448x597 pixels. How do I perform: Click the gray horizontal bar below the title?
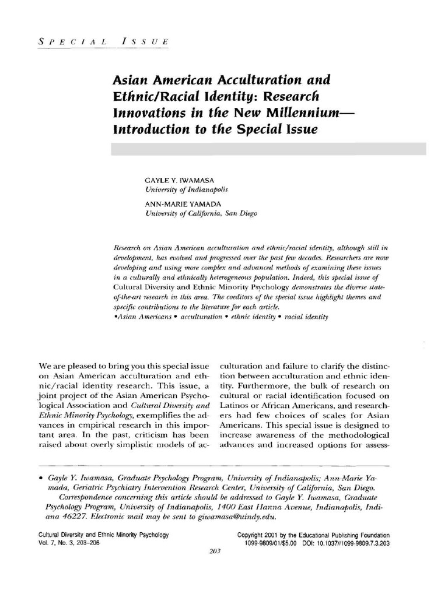click(x=268, y=148)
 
